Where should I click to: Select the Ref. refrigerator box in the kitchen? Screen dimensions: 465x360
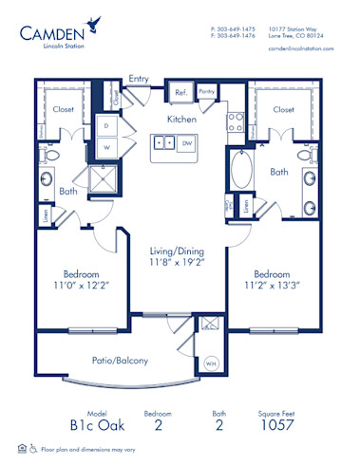click(180, 93)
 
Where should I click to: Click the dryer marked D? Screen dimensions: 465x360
click(107, 126)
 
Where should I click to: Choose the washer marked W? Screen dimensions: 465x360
click(107, 147)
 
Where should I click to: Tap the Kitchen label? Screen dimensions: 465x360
click(181, 121)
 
